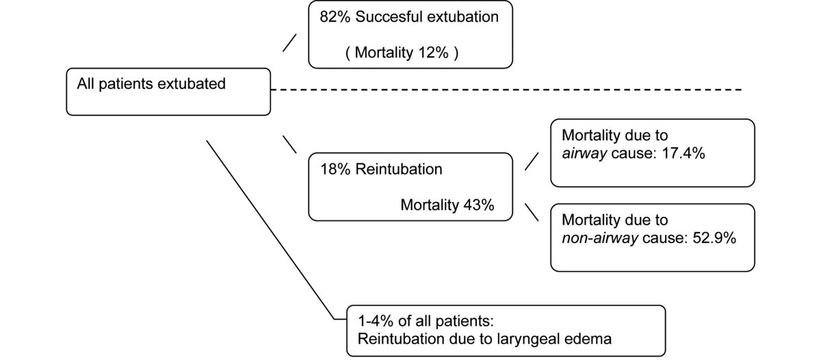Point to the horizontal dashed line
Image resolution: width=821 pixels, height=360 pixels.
point(506,90)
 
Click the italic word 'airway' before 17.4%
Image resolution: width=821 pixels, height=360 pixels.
point(582,153)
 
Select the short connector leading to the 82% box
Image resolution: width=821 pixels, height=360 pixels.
point(290,42)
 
